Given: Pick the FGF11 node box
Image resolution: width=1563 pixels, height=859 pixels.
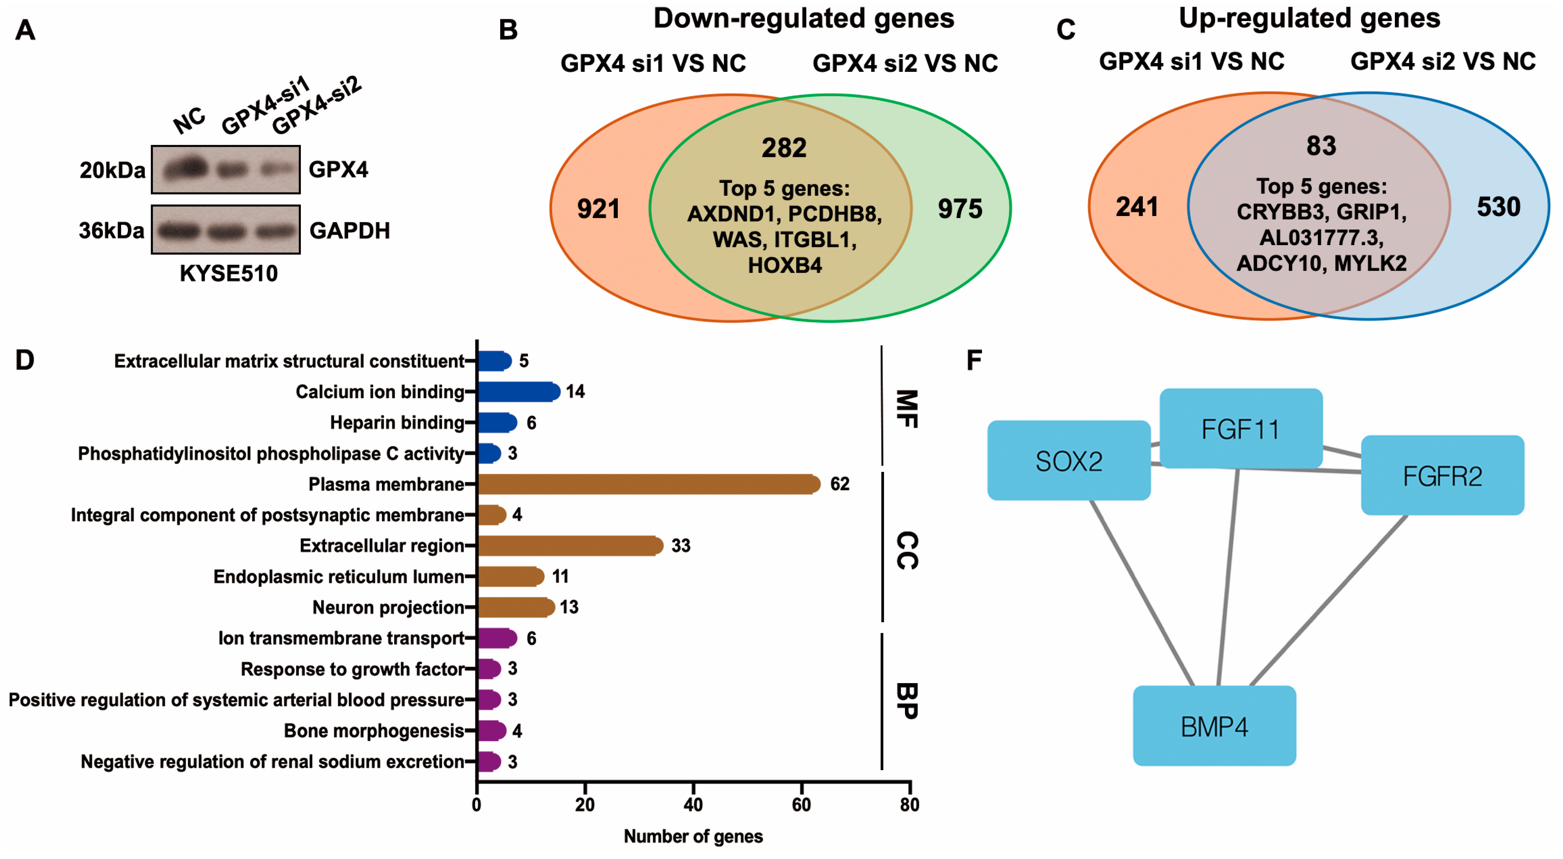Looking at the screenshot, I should pyautogui.click(x=1241, y=428).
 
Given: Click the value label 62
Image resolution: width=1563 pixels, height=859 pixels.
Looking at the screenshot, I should pyautogui.click(x=840, y=484).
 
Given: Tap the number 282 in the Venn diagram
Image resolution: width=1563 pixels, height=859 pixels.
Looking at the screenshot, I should pyautogui.click(x=784, y=148).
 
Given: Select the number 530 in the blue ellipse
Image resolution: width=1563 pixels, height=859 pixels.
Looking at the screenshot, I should pyautogui.click(x=1498, y=207).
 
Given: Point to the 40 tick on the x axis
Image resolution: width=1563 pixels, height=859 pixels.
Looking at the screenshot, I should pyautogui.click(x=693, y=804).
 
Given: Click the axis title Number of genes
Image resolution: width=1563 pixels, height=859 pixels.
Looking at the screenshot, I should pyautogui.click(x=693, y=837).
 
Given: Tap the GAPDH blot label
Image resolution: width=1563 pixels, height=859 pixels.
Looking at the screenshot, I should pyautogui.click(x=349, y=230).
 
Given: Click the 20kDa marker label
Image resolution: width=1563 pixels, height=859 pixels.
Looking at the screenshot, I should pyautogui.click(x=112, y=170).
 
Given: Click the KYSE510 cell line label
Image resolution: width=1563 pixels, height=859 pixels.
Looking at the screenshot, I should pyautogui.click(x=229, y=274).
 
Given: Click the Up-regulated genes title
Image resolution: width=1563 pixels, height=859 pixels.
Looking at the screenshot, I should pyautogui.click(x=1309, y=18).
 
